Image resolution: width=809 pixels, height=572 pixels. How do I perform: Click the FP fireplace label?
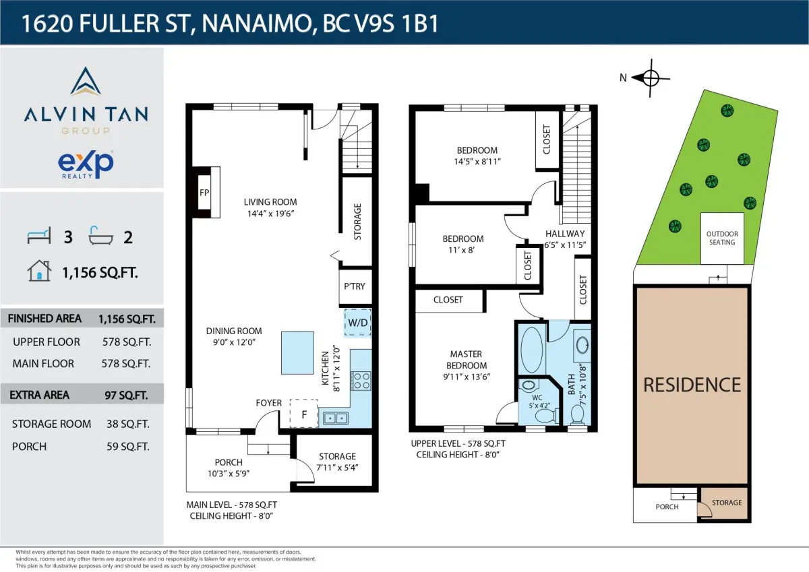coord(204,191)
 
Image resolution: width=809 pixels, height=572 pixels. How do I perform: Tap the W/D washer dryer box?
coord(357,323)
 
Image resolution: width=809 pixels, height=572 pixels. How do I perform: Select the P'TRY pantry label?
coord(355,286)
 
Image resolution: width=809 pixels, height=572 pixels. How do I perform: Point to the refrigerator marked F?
coord(303,414)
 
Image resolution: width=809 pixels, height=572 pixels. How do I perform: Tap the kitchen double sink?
coord(335,418)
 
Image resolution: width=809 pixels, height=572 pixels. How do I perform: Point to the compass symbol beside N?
coord(650,77)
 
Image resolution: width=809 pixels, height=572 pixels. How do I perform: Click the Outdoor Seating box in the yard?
coord(722,239)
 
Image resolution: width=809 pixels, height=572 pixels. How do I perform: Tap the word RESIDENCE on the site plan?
coord(692,385)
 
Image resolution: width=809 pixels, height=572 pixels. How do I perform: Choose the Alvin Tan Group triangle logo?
coord(86,82)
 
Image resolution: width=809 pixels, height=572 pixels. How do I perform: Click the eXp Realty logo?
coord(86,163)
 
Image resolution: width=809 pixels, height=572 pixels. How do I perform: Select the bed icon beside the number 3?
coord(39,236)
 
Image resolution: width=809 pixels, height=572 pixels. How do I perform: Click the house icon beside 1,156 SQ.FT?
coord(39,271)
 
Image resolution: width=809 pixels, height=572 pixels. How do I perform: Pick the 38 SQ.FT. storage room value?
coord(124,424)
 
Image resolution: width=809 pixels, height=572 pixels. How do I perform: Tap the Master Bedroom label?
coord(466,359)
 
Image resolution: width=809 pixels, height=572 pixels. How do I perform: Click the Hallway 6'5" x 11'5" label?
coord(566,239)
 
